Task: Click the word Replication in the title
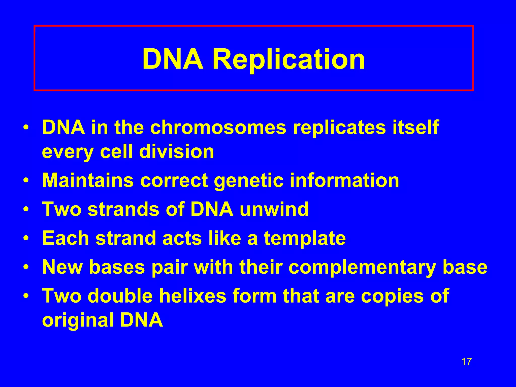click(x=288, y=59)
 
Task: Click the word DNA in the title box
click(x=173, y=59)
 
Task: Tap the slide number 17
click(x=466, y=362)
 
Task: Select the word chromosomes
click(x=218, y=127)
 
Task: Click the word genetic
click(x=249, y=181)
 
